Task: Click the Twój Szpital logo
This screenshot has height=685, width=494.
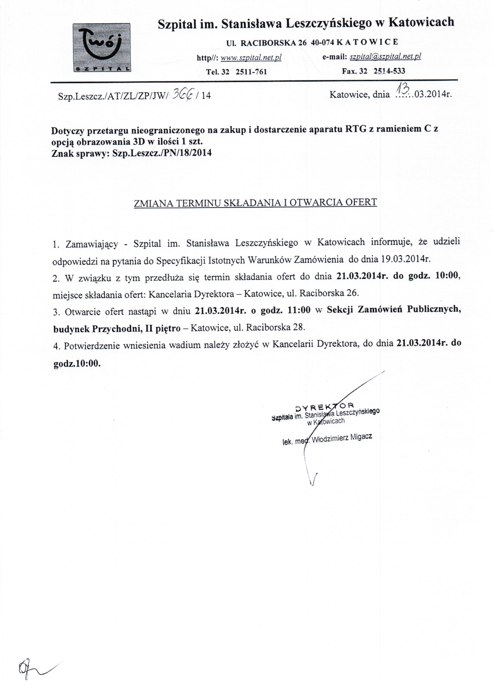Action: [x=102, y=48]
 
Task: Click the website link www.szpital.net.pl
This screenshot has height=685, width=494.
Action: [x=251, y=58]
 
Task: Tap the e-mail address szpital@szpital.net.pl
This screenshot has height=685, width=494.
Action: [x=385, y=56]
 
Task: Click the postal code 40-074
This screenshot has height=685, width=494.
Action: [x=322, y=43]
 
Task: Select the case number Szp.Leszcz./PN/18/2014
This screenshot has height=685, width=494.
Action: [x=162, y=153]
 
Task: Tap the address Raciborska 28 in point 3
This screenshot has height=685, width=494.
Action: [x=275, y=327]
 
